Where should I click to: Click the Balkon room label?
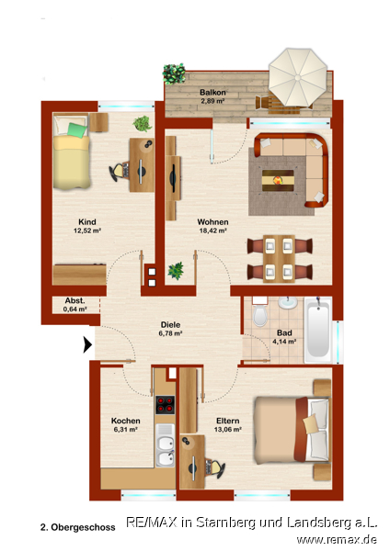[212, 93]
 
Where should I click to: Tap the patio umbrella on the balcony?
[298, 77]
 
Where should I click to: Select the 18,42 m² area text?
[212, 231]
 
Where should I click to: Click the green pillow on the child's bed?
[77, 130]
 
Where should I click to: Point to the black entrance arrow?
[87, 344]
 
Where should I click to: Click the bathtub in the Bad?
[318, 330]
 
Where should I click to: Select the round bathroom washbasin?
[288, 302]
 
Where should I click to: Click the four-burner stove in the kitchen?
[165, 405]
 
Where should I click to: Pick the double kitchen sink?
[165, 445]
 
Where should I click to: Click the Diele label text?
[170, 325]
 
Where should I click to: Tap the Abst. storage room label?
[75, 301]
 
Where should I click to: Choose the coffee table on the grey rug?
[278, 181]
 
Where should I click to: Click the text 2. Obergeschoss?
[78, 527]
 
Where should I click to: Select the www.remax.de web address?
[337, 539]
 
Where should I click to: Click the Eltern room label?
[228, 421]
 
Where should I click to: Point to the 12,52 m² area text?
[87, 231]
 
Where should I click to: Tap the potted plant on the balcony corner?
[174, 73]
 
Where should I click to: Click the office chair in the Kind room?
[119, 171]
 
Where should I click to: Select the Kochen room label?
[126, 421]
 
